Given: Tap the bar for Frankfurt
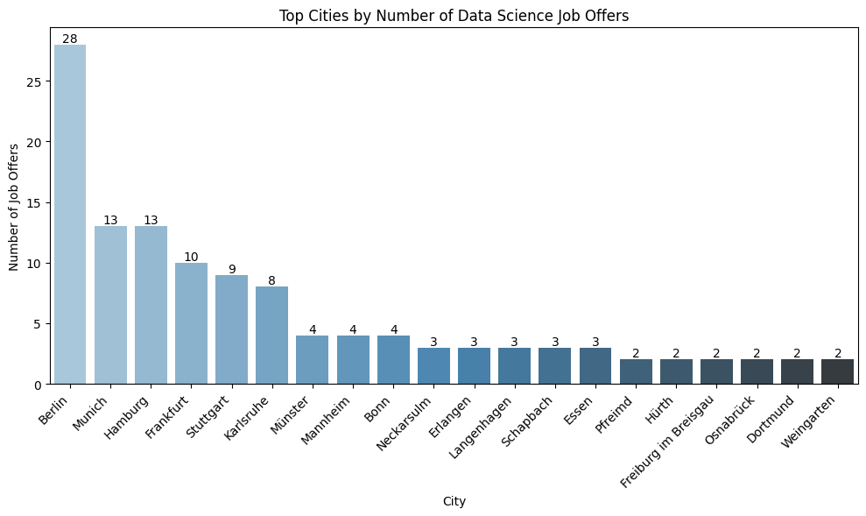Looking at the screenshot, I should (x=191, y=323).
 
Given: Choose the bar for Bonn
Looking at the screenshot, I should (x=393, y=360).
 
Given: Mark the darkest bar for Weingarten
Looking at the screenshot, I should (x=837, y=372).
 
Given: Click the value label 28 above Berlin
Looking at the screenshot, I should (x=70, y=39).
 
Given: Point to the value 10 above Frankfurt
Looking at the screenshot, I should (x=191, y=257).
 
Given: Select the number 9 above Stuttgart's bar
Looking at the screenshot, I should (x=232, y=269).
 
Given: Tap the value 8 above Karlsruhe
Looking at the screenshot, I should (x=272, y=281).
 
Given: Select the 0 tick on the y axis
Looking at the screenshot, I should (x=39, y=385).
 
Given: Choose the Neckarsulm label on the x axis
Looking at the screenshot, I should (x=398, y=421).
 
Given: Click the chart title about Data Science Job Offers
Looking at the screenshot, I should (x=454, y=15).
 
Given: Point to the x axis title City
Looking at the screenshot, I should (x=454, y=502).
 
